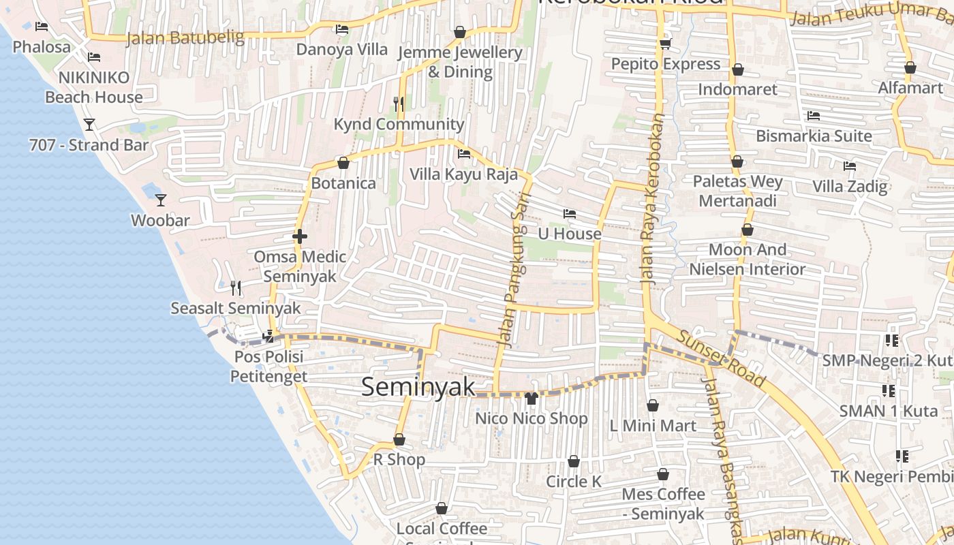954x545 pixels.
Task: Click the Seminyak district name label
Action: click(418, 387)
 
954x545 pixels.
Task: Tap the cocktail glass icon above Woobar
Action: click(161, 200)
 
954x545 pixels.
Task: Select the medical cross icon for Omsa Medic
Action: click(299, 236)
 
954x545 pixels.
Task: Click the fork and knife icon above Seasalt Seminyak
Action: click(236, 287)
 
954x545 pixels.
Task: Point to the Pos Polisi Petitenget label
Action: click(268, 367)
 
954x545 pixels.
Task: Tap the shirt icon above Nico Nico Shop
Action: click(532, 398)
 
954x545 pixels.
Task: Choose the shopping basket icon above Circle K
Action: click(574, 461)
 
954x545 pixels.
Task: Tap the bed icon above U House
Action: click(570, 214)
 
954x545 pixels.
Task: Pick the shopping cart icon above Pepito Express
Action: click(665, 44)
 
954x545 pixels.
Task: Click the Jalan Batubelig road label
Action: click(185, 37)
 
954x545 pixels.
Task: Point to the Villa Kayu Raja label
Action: click(463, 174)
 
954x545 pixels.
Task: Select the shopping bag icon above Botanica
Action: click(343, 163)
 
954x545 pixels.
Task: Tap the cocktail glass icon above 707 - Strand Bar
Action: click(89, 125)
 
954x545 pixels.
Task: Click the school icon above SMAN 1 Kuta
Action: click(888, 391)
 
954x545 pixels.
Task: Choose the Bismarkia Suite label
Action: click(814, 136)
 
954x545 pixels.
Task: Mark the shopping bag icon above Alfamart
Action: click(910, 68)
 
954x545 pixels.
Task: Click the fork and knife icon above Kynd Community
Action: click(399, 104)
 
